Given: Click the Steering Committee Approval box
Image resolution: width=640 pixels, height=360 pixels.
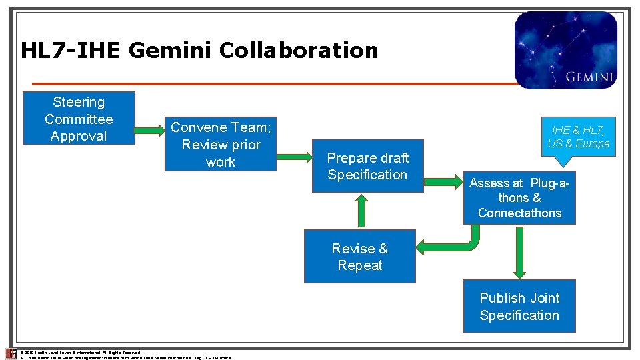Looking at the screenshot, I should click(79, 119).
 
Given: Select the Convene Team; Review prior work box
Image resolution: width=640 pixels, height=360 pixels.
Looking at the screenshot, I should click(221, 144).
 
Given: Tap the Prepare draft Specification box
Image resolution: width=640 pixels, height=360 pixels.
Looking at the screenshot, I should click(367, 166).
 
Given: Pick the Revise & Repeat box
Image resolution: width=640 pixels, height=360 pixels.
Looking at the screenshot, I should click(359, 257).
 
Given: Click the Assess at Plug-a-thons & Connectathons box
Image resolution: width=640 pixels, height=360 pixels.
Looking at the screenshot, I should click(519, 197).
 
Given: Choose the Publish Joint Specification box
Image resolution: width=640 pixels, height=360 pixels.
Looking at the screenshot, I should click(519, 307).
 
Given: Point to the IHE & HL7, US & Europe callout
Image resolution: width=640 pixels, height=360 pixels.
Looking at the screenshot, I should click(578, 137).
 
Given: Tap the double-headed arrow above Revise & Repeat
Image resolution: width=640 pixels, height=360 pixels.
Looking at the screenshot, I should click(361, 211).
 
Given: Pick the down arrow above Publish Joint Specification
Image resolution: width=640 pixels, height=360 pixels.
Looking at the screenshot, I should click(519, 251).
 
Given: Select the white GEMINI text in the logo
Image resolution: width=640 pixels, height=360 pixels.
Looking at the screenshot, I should click(589, 77).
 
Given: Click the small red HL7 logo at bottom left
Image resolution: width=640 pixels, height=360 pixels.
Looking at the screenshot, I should click(11, 353).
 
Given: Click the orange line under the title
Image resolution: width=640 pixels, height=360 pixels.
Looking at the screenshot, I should click(267, 84).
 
